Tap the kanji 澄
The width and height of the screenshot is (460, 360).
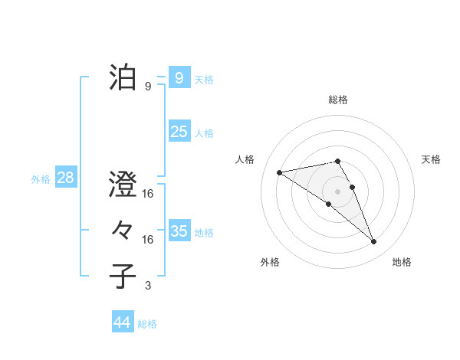(123, 186)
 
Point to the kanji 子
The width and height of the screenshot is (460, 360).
(123, 276)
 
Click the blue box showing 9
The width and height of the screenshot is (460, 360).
(179, 77)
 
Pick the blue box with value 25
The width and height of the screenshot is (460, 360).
(179, 132)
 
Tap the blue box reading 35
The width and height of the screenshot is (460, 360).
(179, 231)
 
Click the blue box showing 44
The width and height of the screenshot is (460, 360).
(122, 322)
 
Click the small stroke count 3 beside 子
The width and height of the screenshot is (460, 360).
(148, 286)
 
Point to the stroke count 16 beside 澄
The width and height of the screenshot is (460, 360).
(148, 195)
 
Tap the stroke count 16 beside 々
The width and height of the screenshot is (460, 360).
(148, 240)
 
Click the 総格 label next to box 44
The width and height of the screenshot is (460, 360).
(147, 324)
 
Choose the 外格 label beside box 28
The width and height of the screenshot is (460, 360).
(41, 179)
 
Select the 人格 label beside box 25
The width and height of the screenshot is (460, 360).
(204, 133)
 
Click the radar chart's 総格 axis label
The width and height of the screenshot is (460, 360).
(337, 100)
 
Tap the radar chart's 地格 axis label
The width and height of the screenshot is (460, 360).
(402, 262)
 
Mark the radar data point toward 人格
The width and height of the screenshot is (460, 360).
(280, 172)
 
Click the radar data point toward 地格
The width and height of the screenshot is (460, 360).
(374, 242)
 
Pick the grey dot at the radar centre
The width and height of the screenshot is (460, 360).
(337, 191)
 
